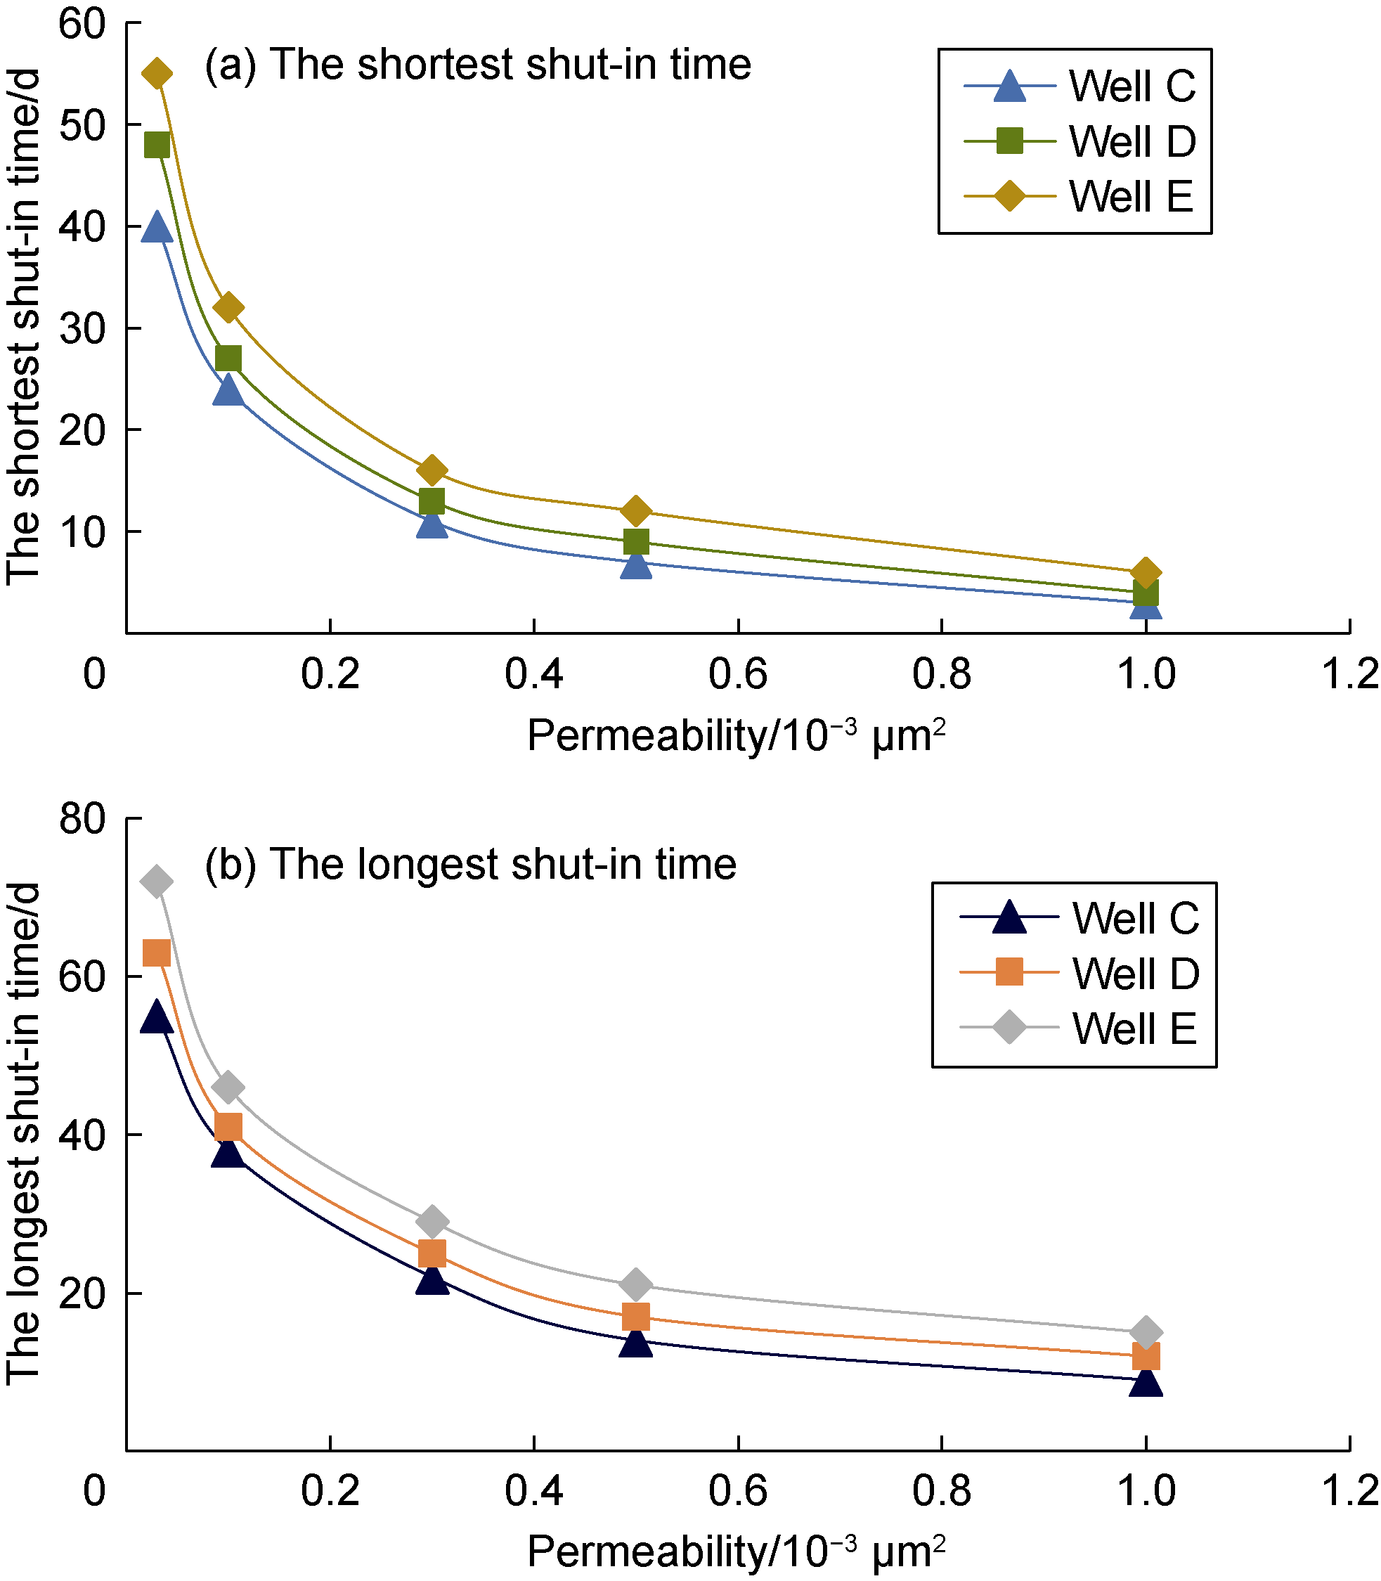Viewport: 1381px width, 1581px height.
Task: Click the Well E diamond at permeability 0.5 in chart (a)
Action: coord(636,510)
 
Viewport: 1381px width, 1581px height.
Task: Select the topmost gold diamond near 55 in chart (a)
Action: coord(157,74)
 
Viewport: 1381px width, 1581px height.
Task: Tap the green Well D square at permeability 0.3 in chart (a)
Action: coord(432,502)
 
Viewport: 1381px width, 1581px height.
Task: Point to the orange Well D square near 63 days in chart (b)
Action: coord(157,953)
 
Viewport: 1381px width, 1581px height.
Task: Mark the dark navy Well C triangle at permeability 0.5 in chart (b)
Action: coord(636,1342)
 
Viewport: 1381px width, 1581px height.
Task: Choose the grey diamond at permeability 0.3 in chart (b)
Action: coord(432,1221)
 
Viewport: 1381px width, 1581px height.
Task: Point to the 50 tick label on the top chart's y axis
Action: coord(82,125)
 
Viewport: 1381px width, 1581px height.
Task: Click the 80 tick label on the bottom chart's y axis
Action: coord(82,818)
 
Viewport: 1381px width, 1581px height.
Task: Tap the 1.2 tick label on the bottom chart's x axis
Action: coord(1349,1492)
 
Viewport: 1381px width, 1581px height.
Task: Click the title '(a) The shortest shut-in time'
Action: coord(478,64)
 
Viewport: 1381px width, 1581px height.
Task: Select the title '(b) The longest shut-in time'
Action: coord(470,864)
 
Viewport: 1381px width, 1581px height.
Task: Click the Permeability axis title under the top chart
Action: coord(736,736)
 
